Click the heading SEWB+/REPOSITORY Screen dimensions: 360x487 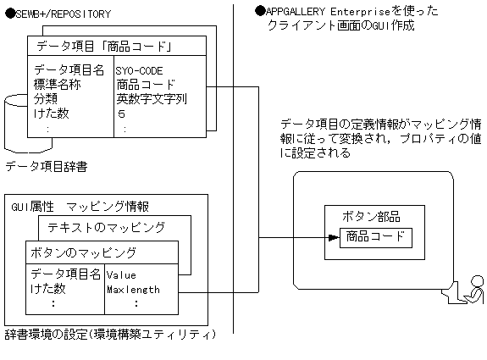tap(57, 14)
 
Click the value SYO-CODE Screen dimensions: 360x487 tap(139, 70)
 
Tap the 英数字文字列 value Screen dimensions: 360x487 tap(152, 98)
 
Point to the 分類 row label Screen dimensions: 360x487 tap(47, 98)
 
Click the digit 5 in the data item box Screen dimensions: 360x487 tap(122, 112)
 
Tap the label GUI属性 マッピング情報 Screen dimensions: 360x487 tap(80, 206)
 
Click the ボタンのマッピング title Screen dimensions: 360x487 tap(83, 252)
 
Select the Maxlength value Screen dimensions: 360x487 tap(133, 289)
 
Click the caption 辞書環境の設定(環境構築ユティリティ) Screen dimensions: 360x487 tap(110, 334)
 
